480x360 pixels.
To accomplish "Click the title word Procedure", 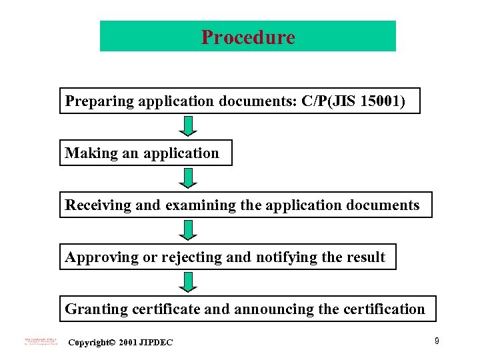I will click(x=248, y=37).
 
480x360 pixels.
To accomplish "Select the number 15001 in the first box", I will click(x=381, y=101).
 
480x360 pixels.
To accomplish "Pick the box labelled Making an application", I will click(x=146, y=153).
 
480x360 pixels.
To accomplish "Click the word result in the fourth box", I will click(x=366, y=257).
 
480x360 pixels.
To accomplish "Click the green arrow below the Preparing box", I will click(x=189, y=126).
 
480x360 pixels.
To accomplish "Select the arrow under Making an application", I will click(x=189, y=178).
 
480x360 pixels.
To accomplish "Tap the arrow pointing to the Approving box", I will click(x=189, y=230).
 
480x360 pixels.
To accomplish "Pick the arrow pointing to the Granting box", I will click(x=189, y=282).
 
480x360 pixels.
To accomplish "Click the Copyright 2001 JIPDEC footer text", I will click(x=121, y=343).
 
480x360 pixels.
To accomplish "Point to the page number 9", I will click(x=436, y=341).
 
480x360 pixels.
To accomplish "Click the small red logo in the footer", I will click(x=40, y=341).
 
